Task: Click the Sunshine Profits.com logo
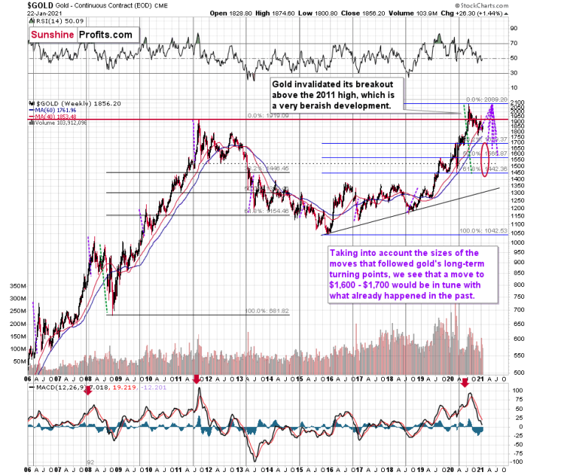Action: pos(81,34)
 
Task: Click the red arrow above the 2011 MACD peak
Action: pos(196,379)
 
